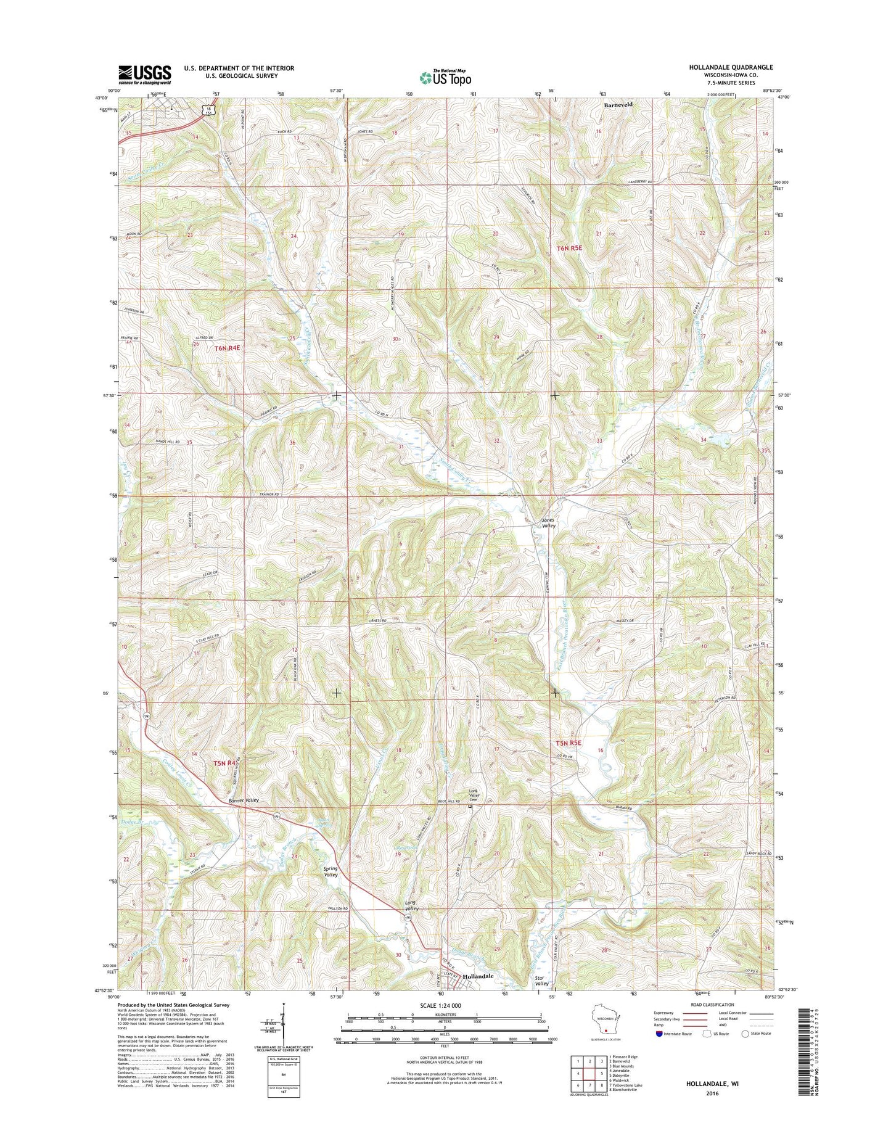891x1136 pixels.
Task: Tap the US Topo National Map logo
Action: point(445,77)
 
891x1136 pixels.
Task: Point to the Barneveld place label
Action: point(618,105)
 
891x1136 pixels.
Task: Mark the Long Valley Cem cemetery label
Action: point(474,795)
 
